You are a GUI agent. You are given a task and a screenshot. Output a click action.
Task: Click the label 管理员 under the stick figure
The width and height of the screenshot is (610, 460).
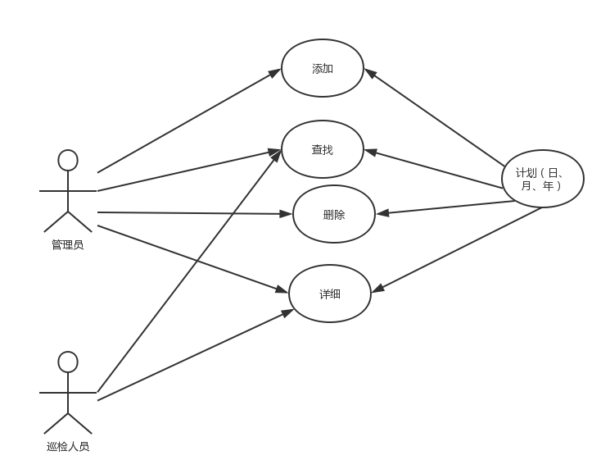point(68,244)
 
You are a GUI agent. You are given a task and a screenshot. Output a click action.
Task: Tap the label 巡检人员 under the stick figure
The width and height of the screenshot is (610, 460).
point(68,446)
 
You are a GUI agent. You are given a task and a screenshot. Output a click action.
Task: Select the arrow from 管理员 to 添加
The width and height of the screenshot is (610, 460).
point(189,121)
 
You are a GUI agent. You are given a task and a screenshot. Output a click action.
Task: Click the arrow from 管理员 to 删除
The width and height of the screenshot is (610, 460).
point(195,213)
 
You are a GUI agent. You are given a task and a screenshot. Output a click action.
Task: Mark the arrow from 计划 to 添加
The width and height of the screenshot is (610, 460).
point(434,117)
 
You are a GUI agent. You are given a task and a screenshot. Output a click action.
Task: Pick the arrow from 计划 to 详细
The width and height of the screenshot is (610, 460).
point(456,250)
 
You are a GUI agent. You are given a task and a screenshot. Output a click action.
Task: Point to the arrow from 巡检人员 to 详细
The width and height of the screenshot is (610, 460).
point(196,354)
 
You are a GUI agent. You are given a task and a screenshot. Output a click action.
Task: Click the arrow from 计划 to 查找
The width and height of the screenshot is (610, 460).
point(433,169)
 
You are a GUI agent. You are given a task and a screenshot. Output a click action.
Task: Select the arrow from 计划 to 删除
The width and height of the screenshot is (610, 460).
point(445,207)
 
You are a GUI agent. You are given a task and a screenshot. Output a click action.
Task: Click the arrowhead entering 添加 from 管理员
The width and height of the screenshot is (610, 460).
point(275,72)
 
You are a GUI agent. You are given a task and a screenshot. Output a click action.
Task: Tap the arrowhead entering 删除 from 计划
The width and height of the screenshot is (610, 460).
point(382,213)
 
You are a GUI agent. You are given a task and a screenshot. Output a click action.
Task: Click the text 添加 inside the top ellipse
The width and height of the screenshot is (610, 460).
point(323,69)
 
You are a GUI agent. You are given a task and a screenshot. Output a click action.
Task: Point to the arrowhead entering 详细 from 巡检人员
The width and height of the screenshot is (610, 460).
point(288,312)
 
